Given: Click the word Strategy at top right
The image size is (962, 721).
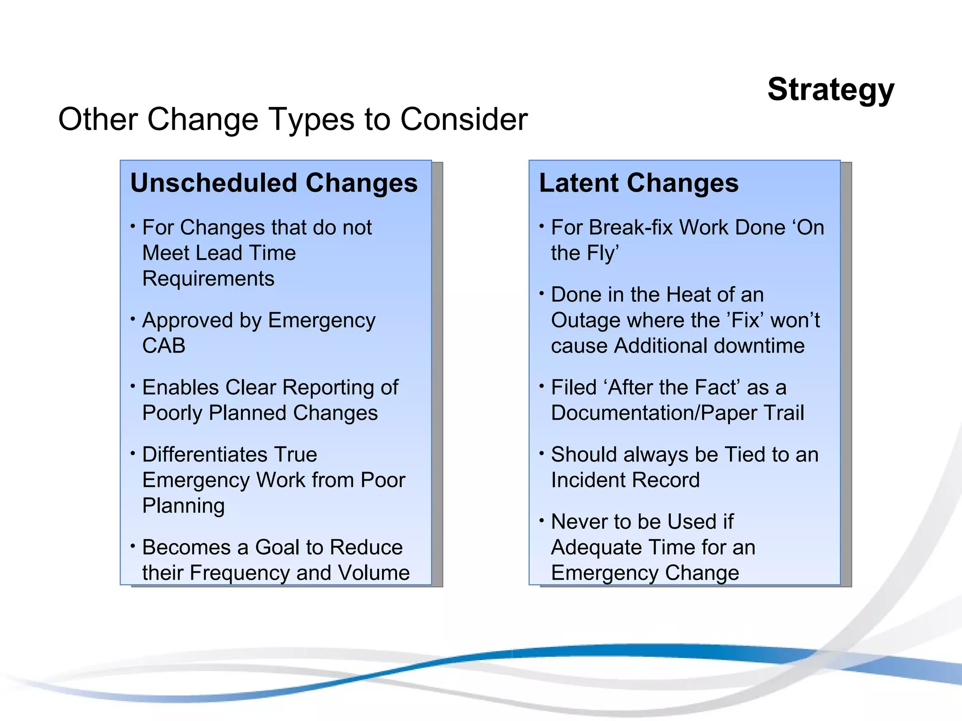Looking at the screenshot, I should click(830, 89).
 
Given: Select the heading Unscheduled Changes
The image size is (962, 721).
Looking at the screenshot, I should click(274, 183).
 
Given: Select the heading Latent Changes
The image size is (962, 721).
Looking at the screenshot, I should click(638, 183).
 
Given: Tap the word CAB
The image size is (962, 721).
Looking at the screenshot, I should click(163, 346).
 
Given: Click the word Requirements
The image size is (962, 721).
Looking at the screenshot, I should click(208, 278).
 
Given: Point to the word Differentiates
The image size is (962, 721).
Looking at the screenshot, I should click(204, 454).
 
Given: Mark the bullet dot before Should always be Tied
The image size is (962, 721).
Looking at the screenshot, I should click(542, 453).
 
